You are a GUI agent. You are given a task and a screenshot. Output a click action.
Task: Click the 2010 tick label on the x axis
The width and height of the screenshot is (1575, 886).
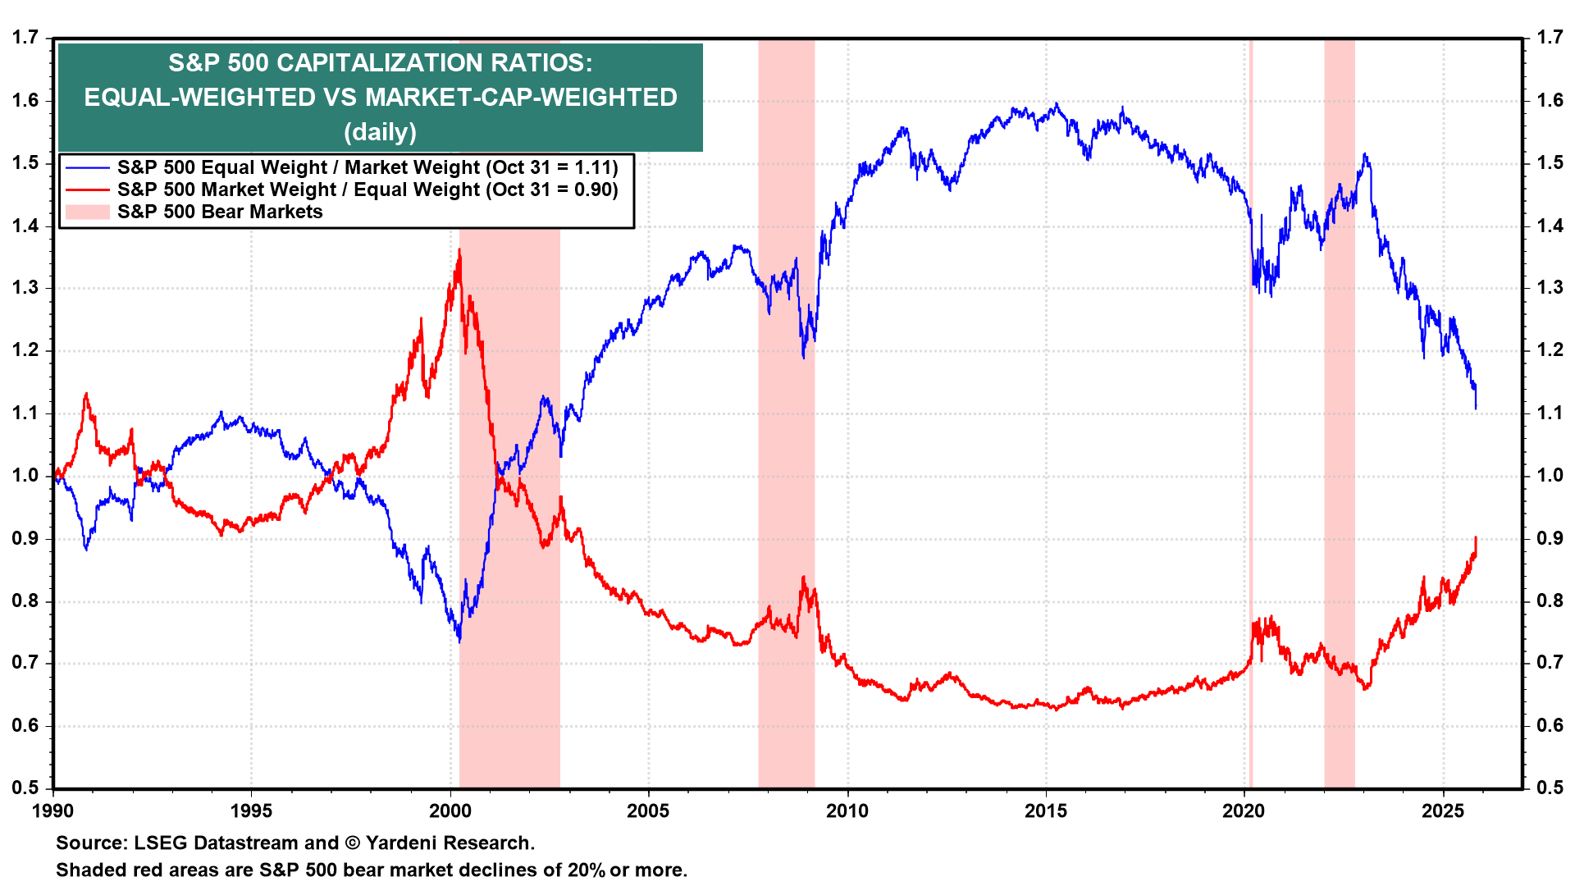click(847, 811)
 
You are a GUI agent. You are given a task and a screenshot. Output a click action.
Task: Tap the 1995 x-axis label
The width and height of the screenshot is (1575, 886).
click(251, 811)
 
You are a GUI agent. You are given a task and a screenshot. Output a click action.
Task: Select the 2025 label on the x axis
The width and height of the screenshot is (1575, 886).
click(1443, 811)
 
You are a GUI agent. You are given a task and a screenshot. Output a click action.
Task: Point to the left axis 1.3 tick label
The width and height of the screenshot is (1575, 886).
click(25, 288)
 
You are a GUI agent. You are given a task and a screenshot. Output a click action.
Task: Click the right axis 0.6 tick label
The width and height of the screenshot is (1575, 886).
click(1550, 725)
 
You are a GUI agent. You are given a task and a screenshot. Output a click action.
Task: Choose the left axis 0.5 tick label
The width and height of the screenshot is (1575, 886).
click(25, 788)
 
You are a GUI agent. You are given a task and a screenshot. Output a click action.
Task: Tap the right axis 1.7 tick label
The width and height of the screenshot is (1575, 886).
click(1550, 38)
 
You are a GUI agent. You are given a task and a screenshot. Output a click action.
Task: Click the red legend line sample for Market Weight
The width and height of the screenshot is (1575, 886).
click(87, 190)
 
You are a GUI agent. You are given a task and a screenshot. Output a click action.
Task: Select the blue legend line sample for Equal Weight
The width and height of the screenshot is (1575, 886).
click(87, 167)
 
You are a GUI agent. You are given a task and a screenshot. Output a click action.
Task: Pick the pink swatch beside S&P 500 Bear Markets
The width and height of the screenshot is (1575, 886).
click(87, 212)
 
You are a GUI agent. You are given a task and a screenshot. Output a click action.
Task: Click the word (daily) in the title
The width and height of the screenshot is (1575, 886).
click(380, 132)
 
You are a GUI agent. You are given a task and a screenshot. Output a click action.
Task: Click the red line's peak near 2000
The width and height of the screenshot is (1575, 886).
click(459, 250)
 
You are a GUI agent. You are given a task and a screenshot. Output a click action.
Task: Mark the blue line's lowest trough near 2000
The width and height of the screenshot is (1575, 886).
click(459, 641)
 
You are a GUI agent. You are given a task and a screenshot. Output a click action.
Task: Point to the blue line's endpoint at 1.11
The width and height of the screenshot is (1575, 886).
click(1476, 408)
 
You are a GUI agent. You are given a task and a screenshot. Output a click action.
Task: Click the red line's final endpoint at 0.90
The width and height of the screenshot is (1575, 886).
click(1476, 538)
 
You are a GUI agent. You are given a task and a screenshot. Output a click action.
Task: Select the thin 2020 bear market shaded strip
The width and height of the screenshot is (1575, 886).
click(1251, 492)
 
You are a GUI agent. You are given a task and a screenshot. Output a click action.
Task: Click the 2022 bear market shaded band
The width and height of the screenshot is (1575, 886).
click(1339, 492)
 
